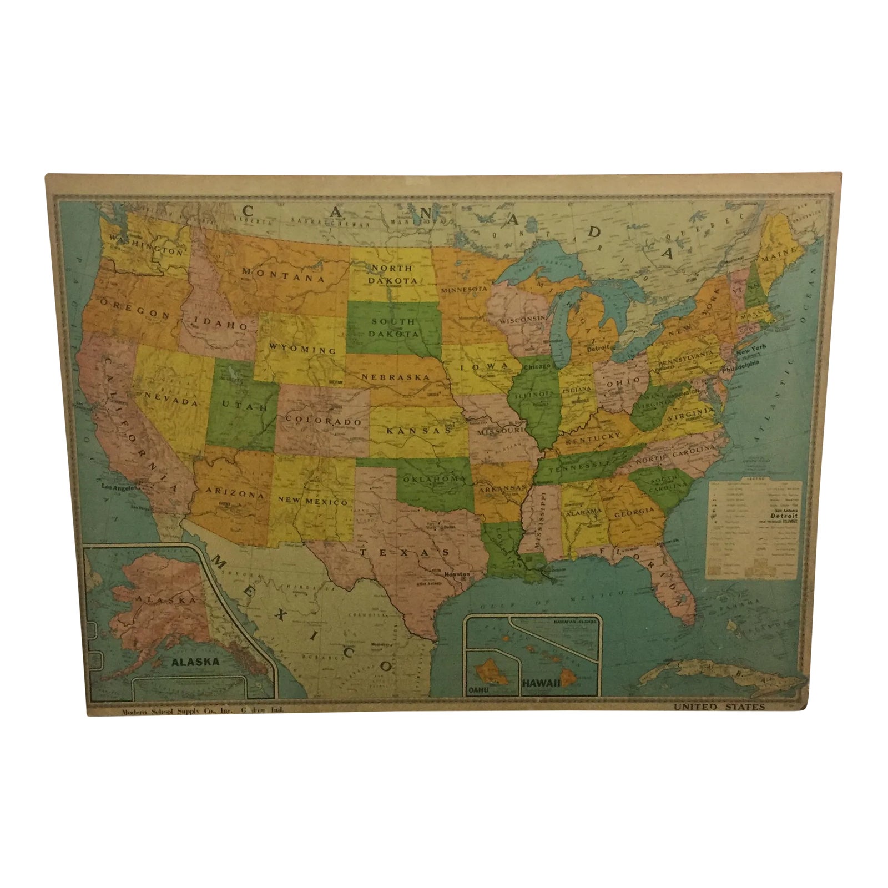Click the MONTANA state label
[283, 275]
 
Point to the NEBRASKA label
[396, 377]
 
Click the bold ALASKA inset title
[195, 662]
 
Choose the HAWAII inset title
[541, 684]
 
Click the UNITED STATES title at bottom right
[719, 707]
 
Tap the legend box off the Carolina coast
[754, 528]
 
